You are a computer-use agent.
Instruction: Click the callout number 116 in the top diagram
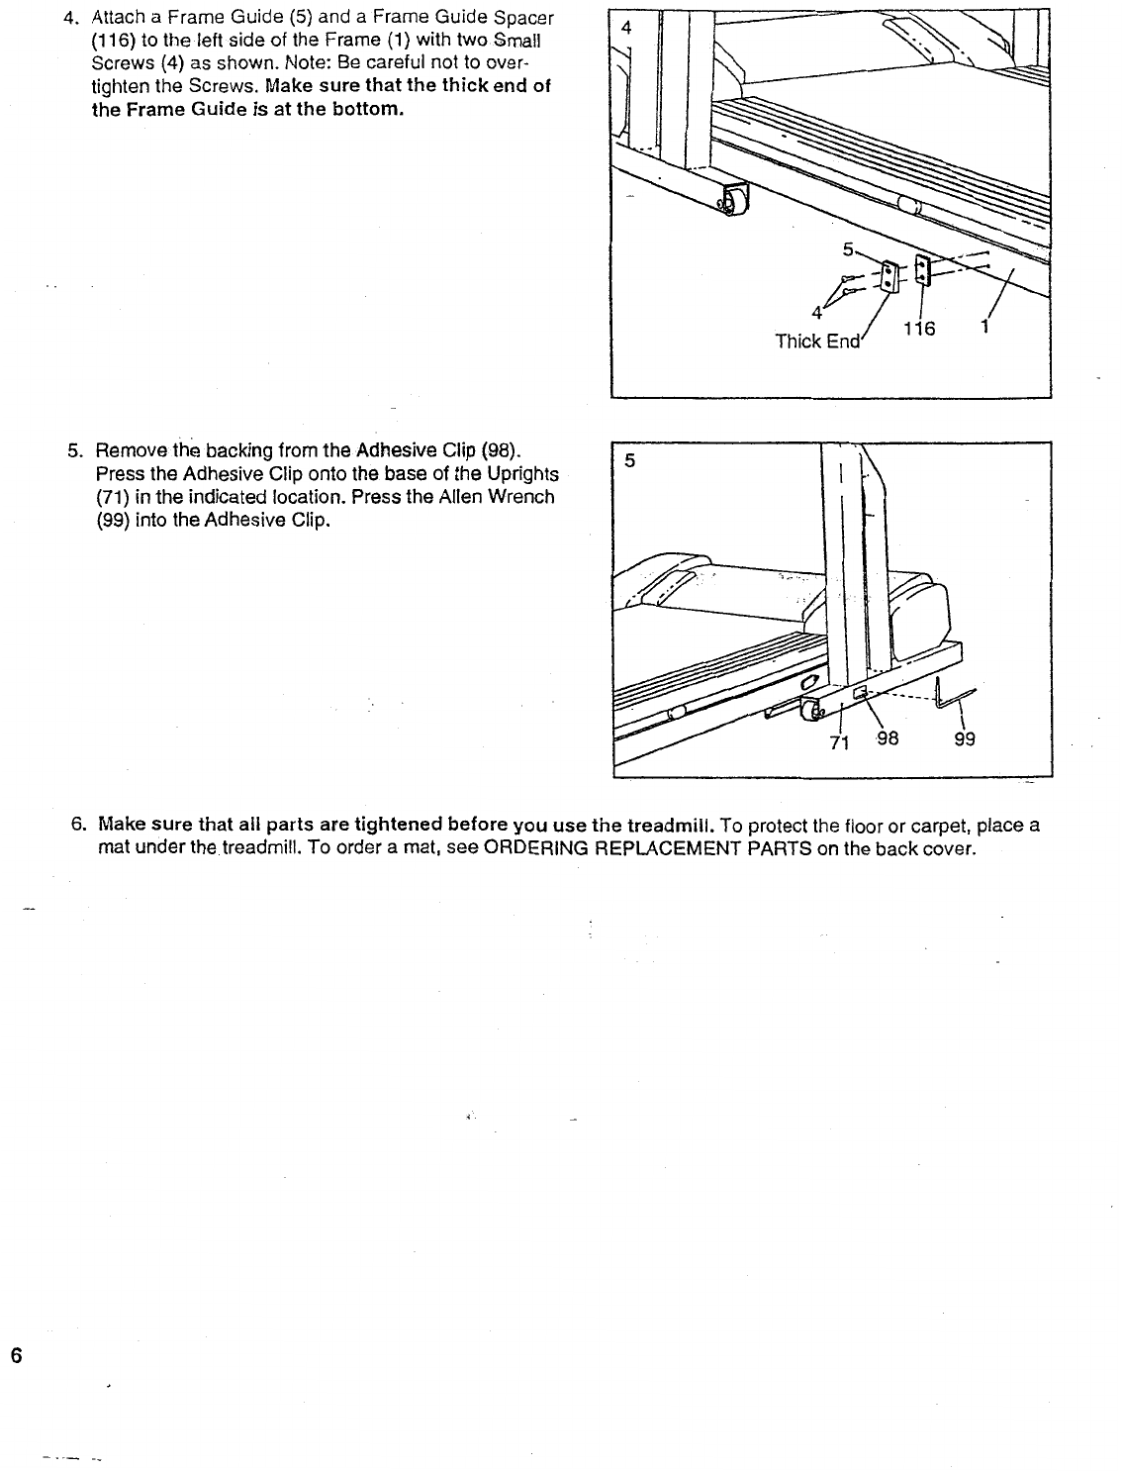click(919, 329)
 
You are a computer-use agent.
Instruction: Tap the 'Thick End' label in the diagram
click(818, 342)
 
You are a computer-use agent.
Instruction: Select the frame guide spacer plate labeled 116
click(922, 269)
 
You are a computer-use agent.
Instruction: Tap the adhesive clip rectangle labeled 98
click(860, 689)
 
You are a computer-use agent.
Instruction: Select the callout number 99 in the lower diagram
click(965, 738)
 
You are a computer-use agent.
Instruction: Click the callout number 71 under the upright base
click(838, 743)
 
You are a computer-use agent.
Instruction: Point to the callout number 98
click(887, 737)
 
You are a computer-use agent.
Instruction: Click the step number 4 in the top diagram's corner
click(625, 28)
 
